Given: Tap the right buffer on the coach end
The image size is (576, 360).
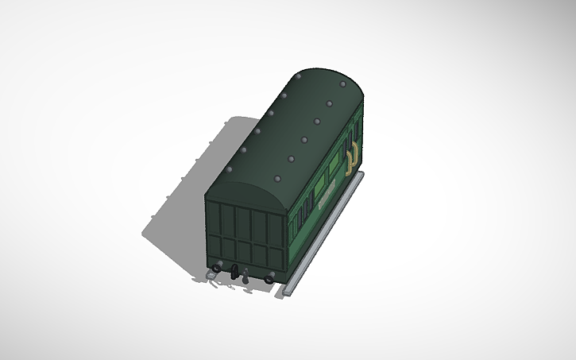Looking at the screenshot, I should point(271,279).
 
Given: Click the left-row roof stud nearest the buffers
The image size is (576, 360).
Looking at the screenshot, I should point(229,170).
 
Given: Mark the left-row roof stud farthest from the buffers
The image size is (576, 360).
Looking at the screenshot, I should point(298,76).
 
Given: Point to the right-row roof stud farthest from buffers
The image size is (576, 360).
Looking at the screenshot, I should point(343,83).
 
